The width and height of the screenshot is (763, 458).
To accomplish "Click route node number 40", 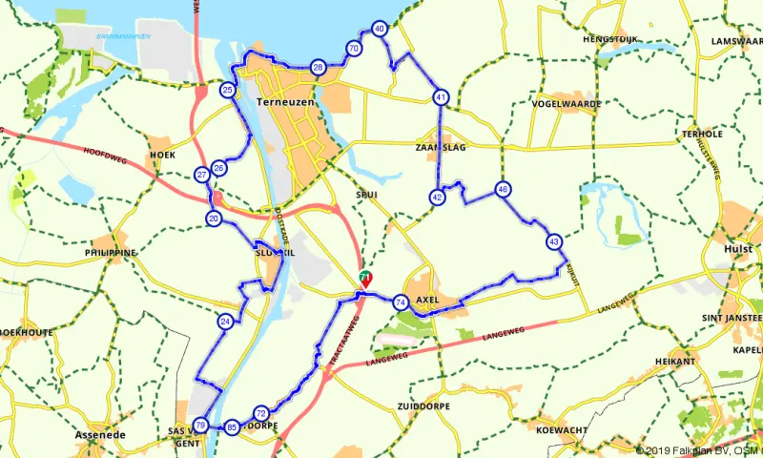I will [380, 30].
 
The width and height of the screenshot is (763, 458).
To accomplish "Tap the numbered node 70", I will [354, 49].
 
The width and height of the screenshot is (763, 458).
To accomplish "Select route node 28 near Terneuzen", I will [319, 67].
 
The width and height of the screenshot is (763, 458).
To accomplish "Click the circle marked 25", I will [227, 91].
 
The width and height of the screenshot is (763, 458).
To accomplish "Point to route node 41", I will [440, 97].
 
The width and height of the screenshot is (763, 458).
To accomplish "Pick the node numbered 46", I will [503, 190].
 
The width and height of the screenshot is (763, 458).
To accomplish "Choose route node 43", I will [554, 242].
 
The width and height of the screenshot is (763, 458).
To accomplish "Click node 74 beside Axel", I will [401, 302].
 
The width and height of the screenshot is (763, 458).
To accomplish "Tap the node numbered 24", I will [225, 322].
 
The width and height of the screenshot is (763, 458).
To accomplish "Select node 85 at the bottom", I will [232, 427].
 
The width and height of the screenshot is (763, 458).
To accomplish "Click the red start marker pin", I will [364, 279].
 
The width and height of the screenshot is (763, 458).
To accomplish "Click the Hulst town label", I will [739, 248].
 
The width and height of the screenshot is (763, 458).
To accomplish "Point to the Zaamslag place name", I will [439, 149].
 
